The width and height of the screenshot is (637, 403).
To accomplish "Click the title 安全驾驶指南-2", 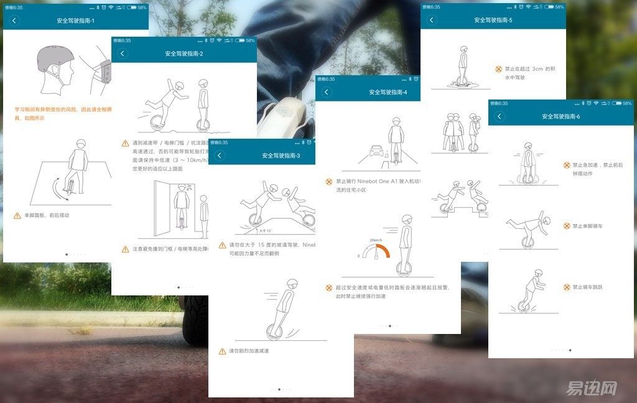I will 184,53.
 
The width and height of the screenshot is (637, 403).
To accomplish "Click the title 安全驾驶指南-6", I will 561,116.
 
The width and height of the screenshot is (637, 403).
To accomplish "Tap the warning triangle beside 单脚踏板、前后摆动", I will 17,215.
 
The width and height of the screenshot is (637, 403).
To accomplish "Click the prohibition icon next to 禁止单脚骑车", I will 567,226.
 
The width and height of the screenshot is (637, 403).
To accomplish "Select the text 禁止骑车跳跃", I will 588,287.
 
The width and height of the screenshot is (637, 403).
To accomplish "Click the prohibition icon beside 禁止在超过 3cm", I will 498,69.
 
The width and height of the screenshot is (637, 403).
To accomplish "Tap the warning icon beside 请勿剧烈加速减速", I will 222,351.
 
